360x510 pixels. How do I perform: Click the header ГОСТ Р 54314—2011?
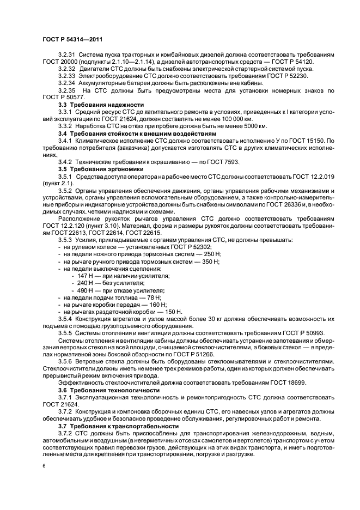click(x=72, y=40)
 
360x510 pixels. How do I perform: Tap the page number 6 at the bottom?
click(x=44, y=466)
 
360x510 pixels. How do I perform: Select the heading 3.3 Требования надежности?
click(x=97, y=104)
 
